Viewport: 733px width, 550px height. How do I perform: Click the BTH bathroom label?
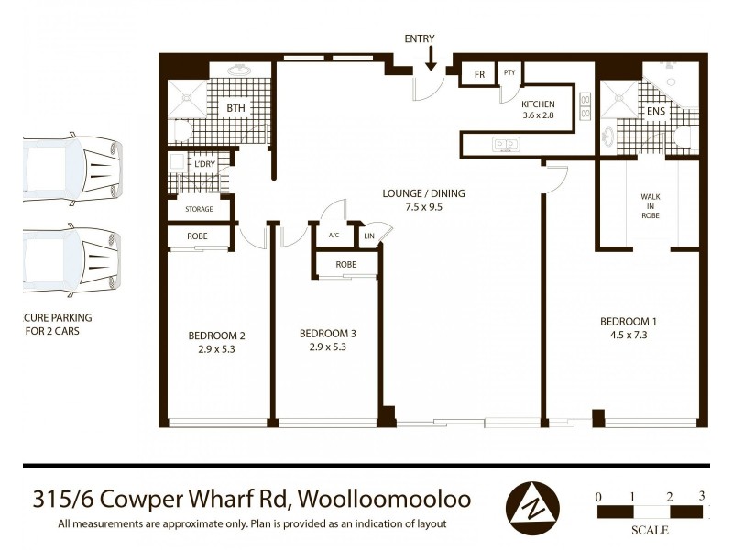click(x=236, y=108)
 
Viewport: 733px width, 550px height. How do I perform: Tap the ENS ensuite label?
click(x=656, y=112)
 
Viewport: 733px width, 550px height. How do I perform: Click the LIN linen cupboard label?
click(x=368, y=236)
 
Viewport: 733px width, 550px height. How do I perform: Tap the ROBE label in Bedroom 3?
click(x=345, y=265)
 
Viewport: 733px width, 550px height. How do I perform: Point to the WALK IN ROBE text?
click(x=650, y=207)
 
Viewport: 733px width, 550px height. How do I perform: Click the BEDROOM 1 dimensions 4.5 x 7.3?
click(x=628, y=335)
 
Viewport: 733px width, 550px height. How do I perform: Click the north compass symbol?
click(x=533, y=503)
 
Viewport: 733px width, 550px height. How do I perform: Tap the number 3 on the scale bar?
click(x=702, y=496)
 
